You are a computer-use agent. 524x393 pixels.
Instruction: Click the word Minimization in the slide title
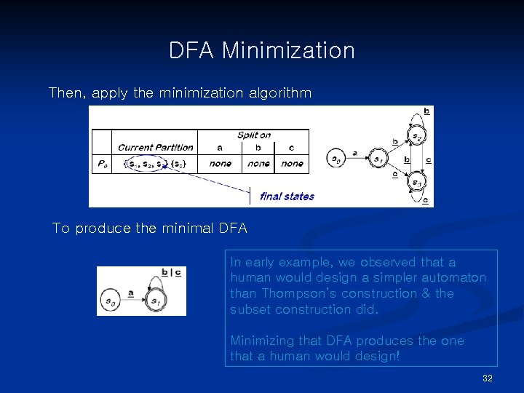[288, 51]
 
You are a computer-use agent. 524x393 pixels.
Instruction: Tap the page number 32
[488, 378]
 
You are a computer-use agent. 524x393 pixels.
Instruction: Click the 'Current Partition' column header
[156, 148]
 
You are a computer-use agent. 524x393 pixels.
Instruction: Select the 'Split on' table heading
[254, 135]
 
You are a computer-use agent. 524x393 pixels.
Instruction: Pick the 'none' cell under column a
[220, 164]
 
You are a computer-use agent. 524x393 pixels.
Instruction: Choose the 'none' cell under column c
[292, 164]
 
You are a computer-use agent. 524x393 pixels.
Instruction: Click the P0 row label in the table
[101, 164]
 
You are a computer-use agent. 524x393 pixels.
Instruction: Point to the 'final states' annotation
[287, 196]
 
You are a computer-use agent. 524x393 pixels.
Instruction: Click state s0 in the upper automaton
[336, 159]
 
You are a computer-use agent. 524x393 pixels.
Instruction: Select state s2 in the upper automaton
[416, 136]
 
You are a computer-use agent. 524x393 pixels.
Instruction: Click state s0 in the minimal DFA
[111, 300]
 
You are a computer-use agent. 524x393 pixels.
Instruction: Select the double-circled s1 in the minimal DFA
[154, 300]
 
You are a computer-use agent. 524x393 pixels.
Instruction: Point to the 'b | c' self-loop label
[171, 272]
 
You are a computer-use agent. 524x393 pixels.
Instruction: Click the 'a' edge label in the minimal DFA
[131, 293]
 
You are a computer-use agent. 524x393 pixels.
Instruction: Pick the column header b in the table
[258, 148]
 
